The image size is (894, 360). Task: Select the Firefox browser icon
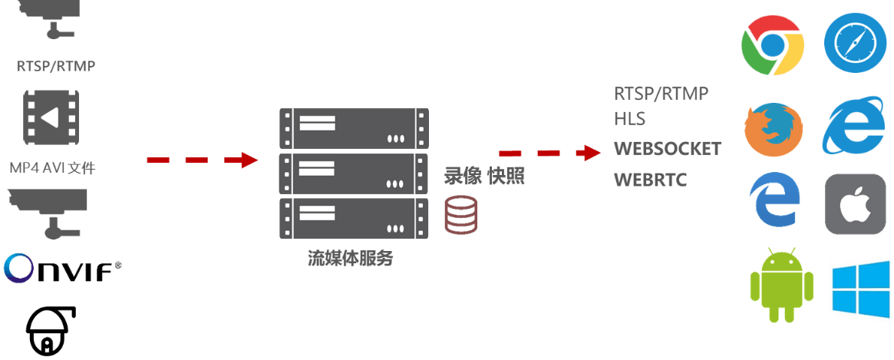(x=773, y=128)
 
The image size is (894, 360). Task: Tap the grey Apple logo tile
(x=856, y=203)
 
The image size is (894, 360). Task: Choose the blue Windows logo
(x=860, y=290)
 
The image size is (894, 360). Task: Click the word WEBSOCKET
(x=668, y=148)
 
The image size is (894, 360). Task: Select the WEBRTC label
(x=651, y=180)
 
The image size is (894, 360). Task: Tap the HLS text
(x=629, y=119)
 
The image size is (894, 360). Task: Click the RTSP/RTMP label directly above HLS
(x=661, y=93)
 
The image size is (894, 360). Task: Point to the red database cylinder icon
(x=462, y=214)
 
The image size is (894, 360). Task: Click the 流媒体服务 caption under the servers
(x=351, y=258)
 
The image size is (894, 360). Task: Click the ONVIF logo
(x=62, y=268)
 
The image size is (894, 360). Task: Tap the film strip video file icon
(x=51, y=117)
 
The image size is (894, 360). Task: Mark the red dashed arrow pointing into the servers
(x=203, y=160)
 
